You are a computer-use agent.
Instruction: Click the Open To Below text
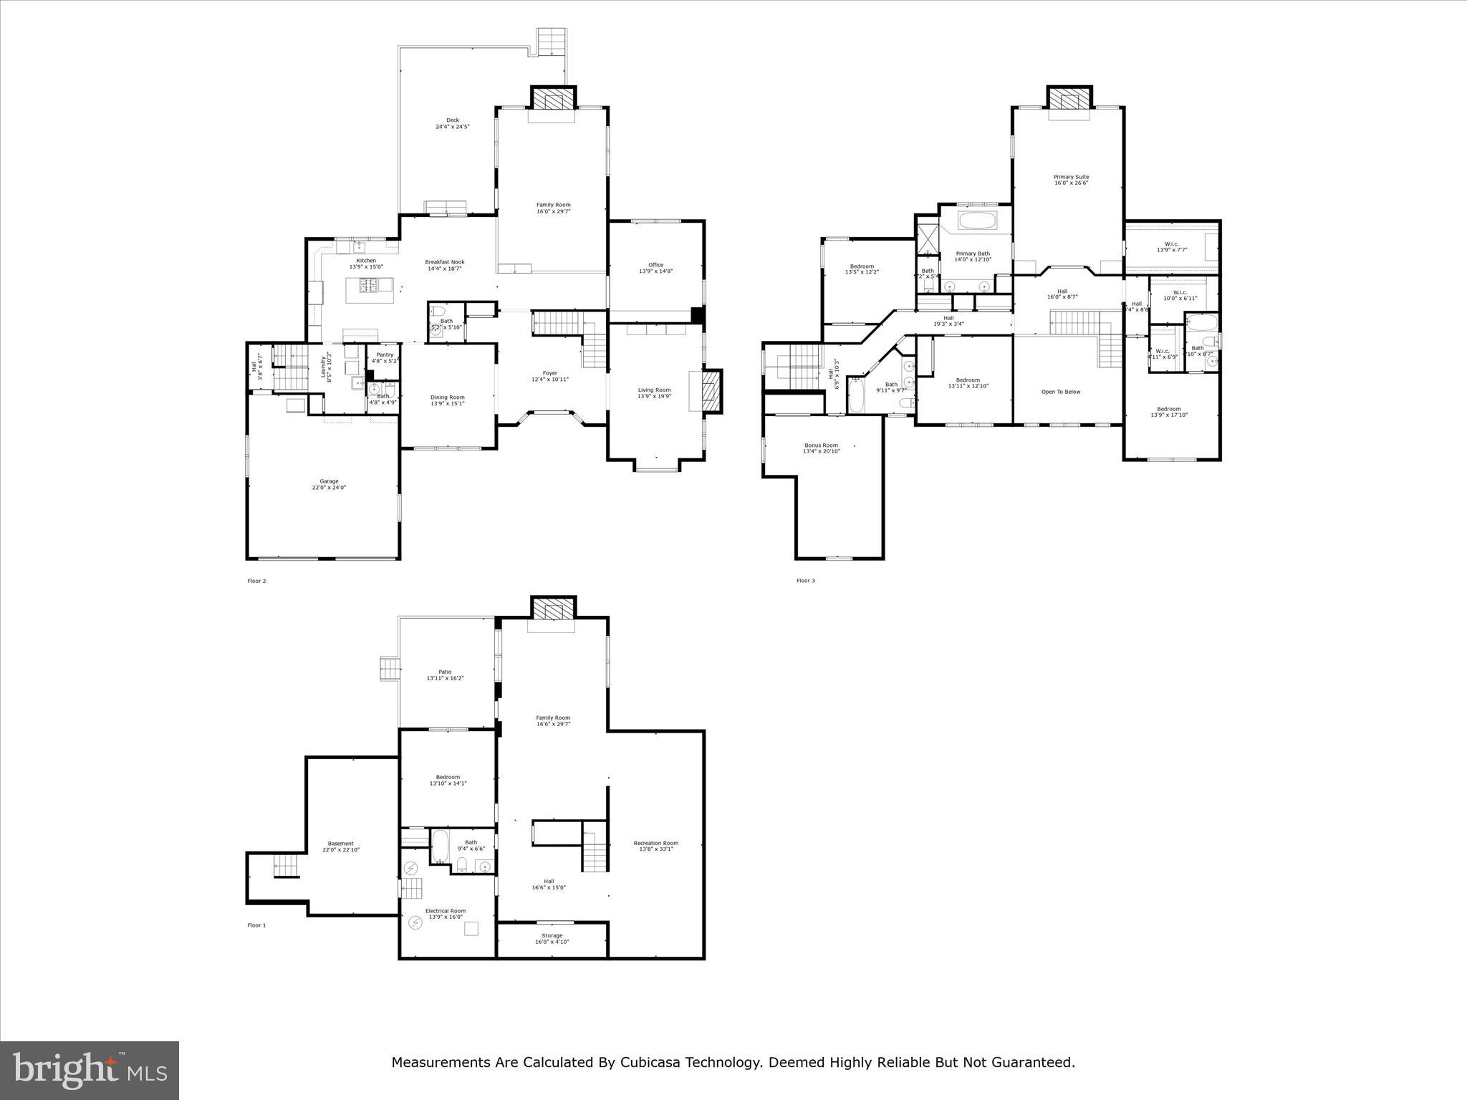[1061, 392]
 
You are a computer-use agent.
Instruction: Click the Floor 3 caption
[805, 581]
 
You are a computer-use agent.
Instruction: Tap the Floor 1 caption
[256, 925]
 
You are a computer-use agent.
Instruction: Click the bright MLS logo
[90, 1071]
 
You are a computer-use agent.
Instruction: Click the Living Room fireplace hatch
[711, 391]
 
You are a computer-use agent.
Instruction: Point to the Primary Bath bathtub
[977, 220]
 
